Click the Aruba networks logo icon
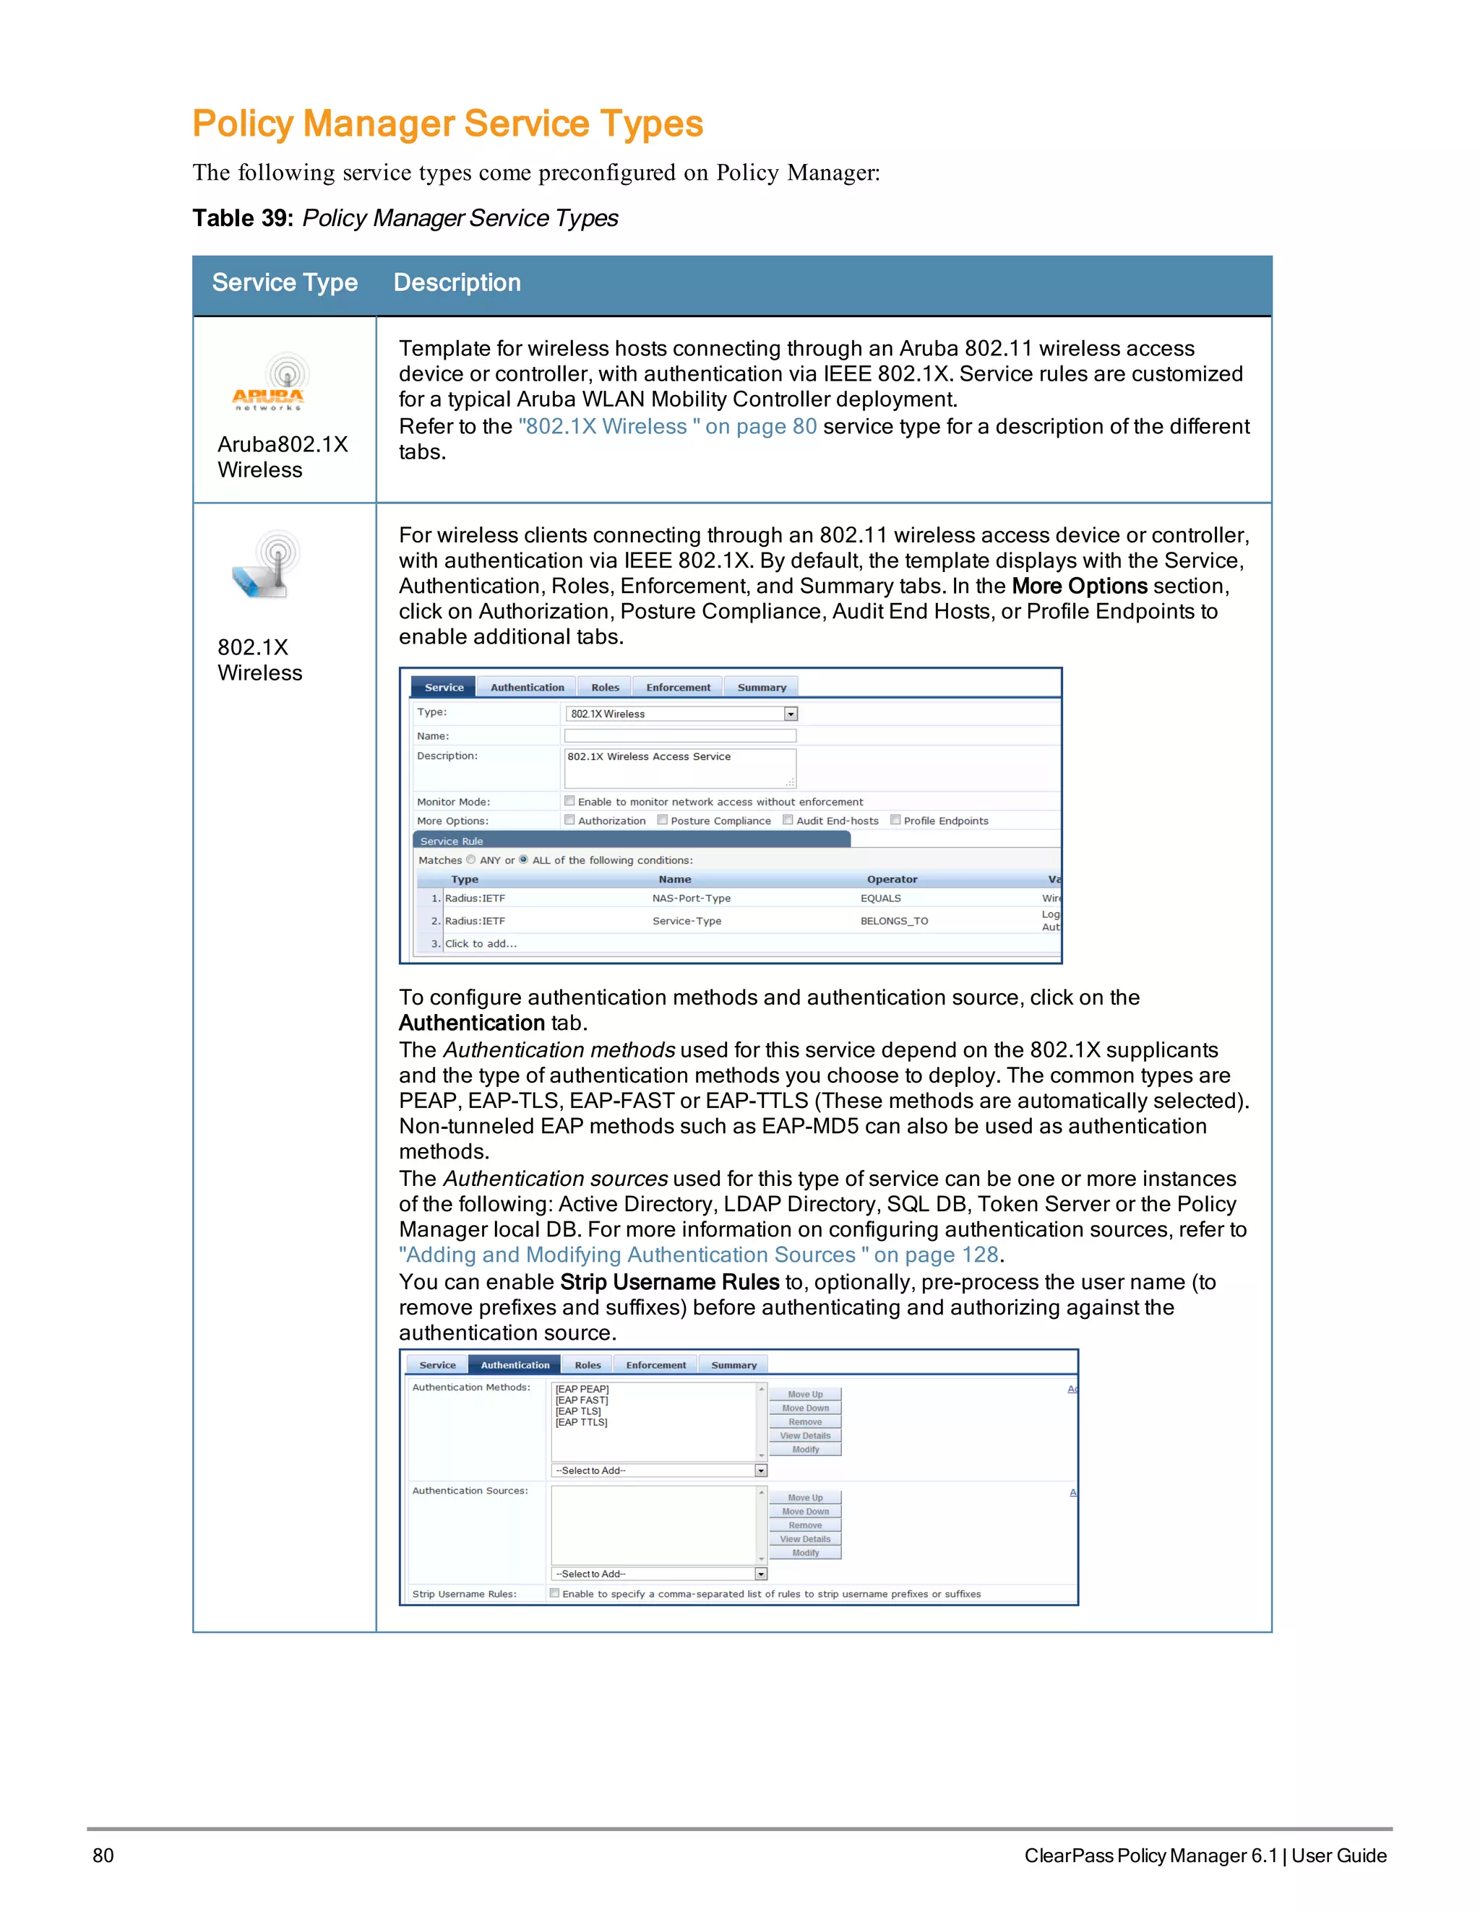tap(268, 383)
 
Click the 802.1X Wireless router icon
tap(266, 566)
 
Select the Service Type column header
tap(284, 282)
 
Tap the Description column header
tap(457, 282)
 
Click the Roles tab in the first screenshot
tap(605, 687)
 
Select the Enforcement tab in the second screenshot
tap(656, 1364)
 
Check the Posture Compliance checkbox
tap(663, 820)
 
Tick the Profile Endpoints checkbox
tap(895, 820)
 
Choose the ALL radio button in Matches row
tap(523, 859)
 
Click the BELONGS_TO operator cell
tap(893, 921)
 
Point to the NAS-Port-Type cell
tap(691, 898)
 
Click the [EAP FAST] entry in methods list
tap(581, 1400)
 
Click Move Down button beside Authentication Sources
tap(805, 1512)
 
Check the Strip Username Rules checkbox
tap(554, 1593)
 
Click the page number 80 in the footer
tap(103, 1855)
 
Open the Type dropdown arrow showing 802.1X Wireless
tap(790, 714)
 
